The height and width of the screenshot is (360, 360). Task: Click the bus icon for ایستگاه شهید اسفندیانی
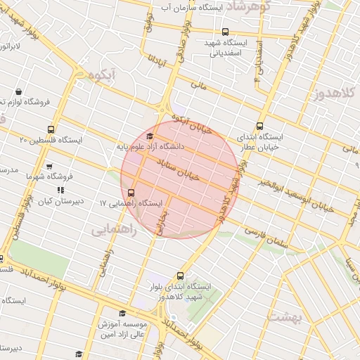pyautogui.click(x=225, y=32)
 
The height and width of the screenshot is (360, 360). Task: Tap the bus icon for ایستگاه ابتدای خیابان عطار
pyautogui.click(x=261, y=126)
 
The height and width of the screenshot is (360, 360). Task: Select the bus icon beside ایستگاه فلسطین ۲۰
pyautogui.click(x=50, y=129)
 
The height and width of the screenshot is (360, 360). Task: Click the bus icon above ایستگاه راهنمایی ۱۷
pyautogui.click(x=131, y=192)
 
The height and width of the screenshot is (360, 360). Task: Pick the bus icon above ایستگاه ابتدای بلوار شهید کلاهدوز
pyautogui.click(x=181, y=276)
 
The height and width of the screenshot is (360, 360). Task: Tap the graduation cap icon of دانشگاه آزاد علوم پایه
pyautogui.click(x=149, y=136)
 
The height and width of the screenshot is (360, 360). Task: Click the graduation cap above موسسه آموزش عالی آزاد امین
pyautogui.click(x=122, y=314)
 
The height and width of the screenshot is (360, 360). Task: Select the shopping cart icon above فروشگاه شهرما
pyautogui.click(x=49, y=167)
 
